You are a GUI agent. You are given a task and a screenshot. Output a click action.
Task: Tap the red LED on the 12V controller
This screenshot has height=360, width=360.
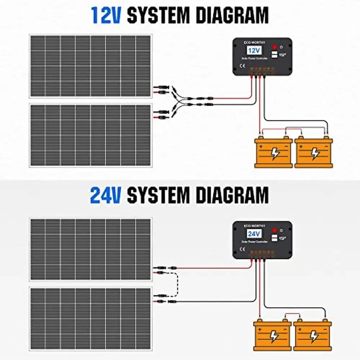tap(275, 47)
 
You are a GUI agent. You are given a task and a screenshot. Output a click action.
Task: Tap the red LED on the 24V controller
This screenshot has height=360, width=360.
tap(274, 230)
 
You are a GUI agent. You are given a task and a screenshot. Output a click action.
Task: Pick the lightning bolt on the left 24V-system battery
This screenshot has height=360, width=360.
tap(274, 336)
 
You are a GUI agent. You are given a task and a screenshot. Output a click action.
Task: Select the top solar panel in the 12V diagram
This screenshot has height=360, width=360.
tap(90, 66)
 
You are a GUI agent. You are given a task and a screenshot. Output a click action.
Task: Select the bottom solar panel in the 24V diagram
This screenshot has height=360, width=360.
tap(90, 319)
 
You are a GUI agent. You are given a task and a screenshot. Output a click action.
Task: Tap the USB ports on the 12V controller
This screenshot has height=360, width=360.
tap(274, 55)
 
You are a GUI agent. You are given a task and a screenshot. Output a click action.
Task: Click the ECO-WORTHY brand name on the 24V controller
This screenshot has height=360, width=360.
tap(254, 226)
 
